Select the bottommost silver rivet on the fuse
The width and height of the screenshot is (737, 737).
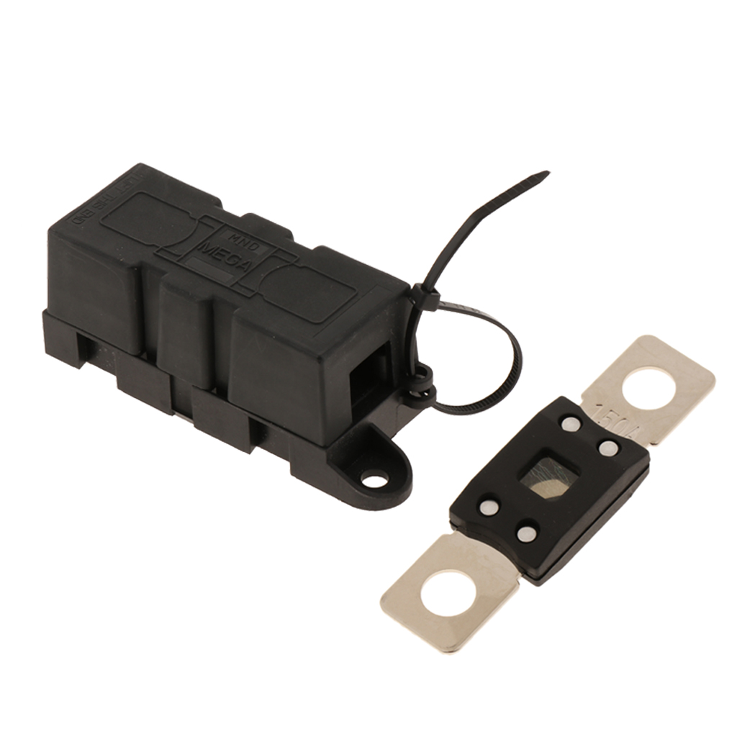(527, 534)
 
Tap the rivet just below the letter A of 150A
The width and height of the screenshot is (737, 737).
(609, 448)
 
